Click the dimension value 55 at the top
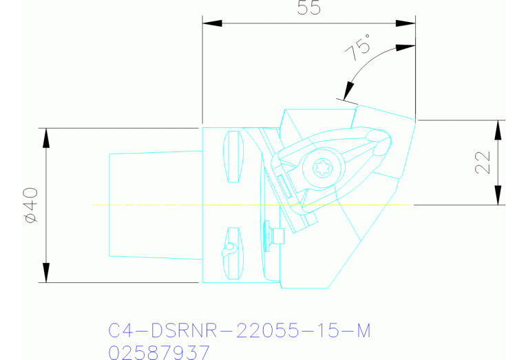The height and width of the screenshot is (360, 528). pos(308,9)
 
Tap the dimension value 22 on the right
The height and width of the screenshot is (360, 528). pos(483,162)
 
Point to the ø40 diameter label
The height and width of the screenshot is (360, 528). pos(30,205)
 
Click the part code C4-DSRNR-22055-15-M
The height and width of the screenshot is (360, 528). pos(240,331)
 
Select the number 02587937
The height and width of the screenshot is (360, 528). pos(160,352)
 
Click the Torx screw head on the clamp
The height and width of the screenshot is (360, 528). pos(321,167)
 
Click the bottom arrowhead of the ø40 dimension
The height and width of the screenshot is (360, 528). pos(46,273)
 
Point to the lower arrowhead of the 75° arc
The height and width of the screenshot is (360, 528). pos(349,90)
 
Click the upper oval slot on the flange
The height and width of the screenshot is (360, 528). pos(235,156)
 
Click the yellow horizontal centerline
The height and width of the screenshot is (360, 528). pos(172,205)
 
